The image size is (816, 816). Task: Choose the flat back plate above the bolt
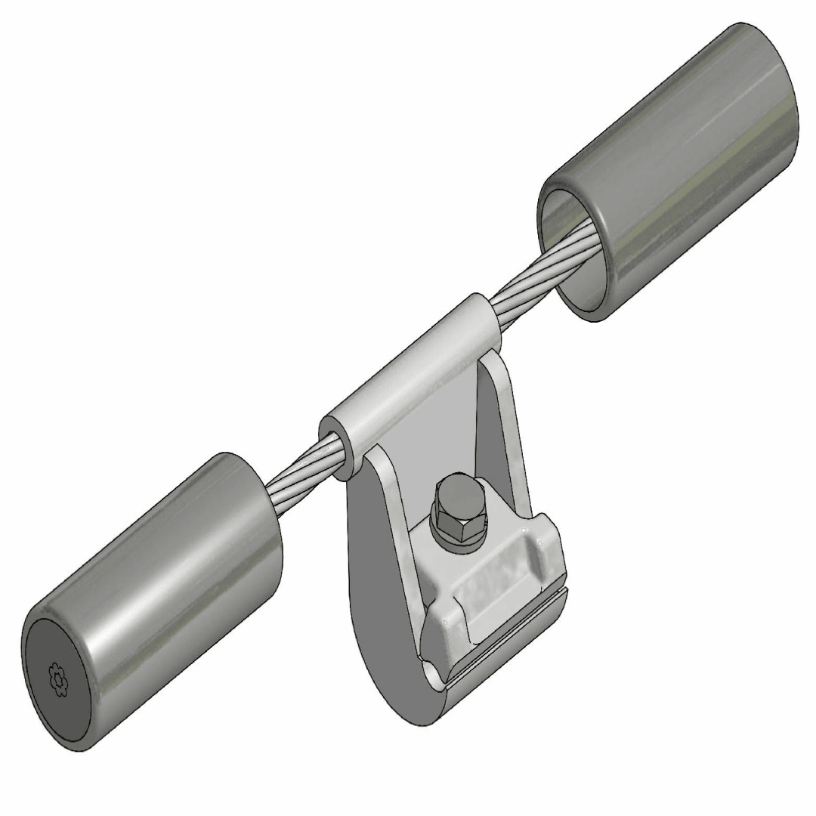coord(446,438)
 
